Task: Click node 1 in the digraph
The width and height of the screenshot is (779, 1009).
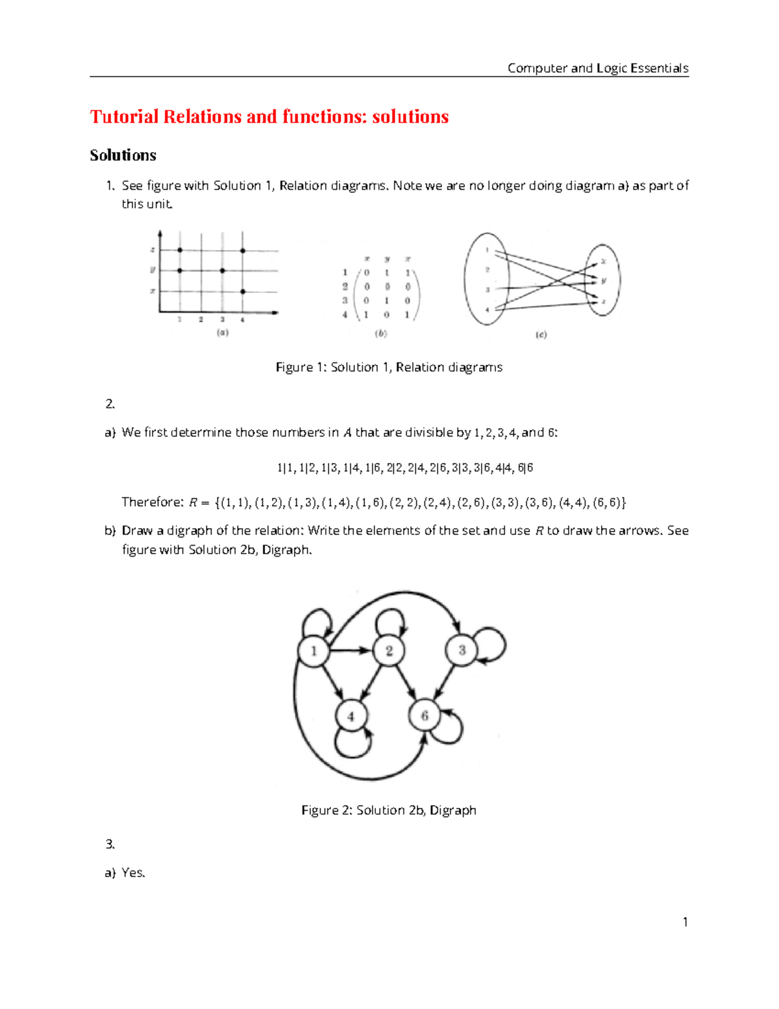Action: click(x=314, y=650)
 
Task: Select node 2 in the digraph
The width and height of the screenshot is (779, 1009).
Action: click(x=389, y=650)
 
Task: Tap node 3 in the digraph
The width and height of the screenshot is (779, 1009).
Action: click(x=462, y=650)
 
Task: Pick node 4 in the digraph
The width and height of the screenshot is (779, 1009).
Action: click(x=351, y=716)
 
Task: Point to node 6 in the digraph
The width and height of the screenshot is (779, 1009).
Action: click(x=425, y=715)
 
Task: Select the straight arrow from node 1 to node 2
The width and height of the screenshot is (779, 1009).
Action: click(x=351, y=650)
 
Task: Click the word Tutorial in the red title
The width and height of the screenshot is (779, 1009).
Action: click(x=124, y=116)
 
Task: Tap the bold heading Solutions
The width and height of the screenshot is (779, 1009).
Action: click(x=123, y=155)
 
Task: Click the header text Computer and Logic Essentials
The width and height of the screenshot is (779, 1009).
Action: click(x=597, y=68)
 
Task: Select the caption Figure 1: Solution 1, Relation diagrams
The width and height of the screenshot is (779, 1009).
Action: click(x=389, y=367)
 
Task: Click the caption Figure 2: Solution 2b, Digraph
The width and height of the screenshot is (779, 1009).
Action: click(x=389, y=810)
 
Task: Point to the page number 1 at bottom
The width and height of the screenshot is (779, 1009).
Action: click(x=685, y=921)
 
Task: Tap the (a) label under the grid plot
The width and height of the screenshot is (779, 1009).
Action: click(x=223, y=333)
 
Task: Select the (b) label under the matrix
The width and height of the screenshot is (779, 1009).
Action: click(x=381, y=333)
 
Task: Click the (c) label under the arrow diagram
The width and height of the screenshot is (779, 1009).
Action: click(x=541, y=335)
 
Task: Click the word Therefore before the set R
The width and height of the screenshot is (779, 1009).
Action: click(x=153, y=502)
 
